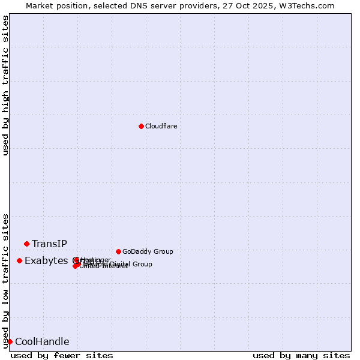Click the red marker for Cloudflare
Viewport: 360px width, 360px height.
coord(141,126)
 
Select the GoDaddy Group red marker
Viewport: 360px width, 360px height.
coord(118,251)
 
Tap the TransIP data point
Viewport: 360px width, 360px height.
coord(26,244)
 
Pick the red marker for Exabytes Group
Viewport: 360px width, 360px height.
coord(19,260)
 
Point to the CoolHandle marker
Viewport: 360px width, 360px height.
coord(10,341)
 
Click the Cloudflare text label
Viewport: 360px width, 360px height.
coord(161,126)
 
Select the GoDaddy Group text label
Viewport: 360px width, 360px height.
coord(148,251)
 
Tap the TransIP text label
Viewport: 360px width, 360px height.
coord(49,244)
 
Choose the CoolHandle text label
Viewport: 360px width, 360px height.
coord(42,342)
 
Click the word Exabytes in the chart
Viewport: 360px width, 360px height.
coord(46,260)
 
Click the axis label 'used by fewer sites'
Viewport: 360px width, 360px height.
coord(62,355)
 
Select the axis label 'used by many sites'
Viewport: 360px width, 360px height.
coord(301,355)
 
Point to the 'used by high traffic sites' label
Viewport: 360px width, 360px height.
coord(5,85)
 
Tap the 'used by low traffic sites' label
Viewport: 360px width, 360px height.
coord(5,280)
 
